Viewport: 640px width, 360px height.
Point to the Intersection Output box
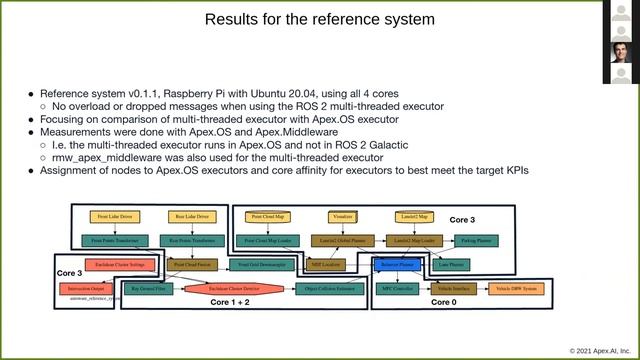[87, 289]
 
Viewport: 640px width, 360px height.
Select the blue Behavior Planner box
[391, 265]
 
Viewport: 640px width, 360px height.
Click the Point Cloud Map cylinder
[267, 216]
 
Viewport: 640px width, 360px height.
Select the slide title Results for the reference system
[319, 20]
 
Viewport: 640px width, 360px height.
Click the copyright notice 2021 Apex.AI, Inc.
[600, 351]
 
